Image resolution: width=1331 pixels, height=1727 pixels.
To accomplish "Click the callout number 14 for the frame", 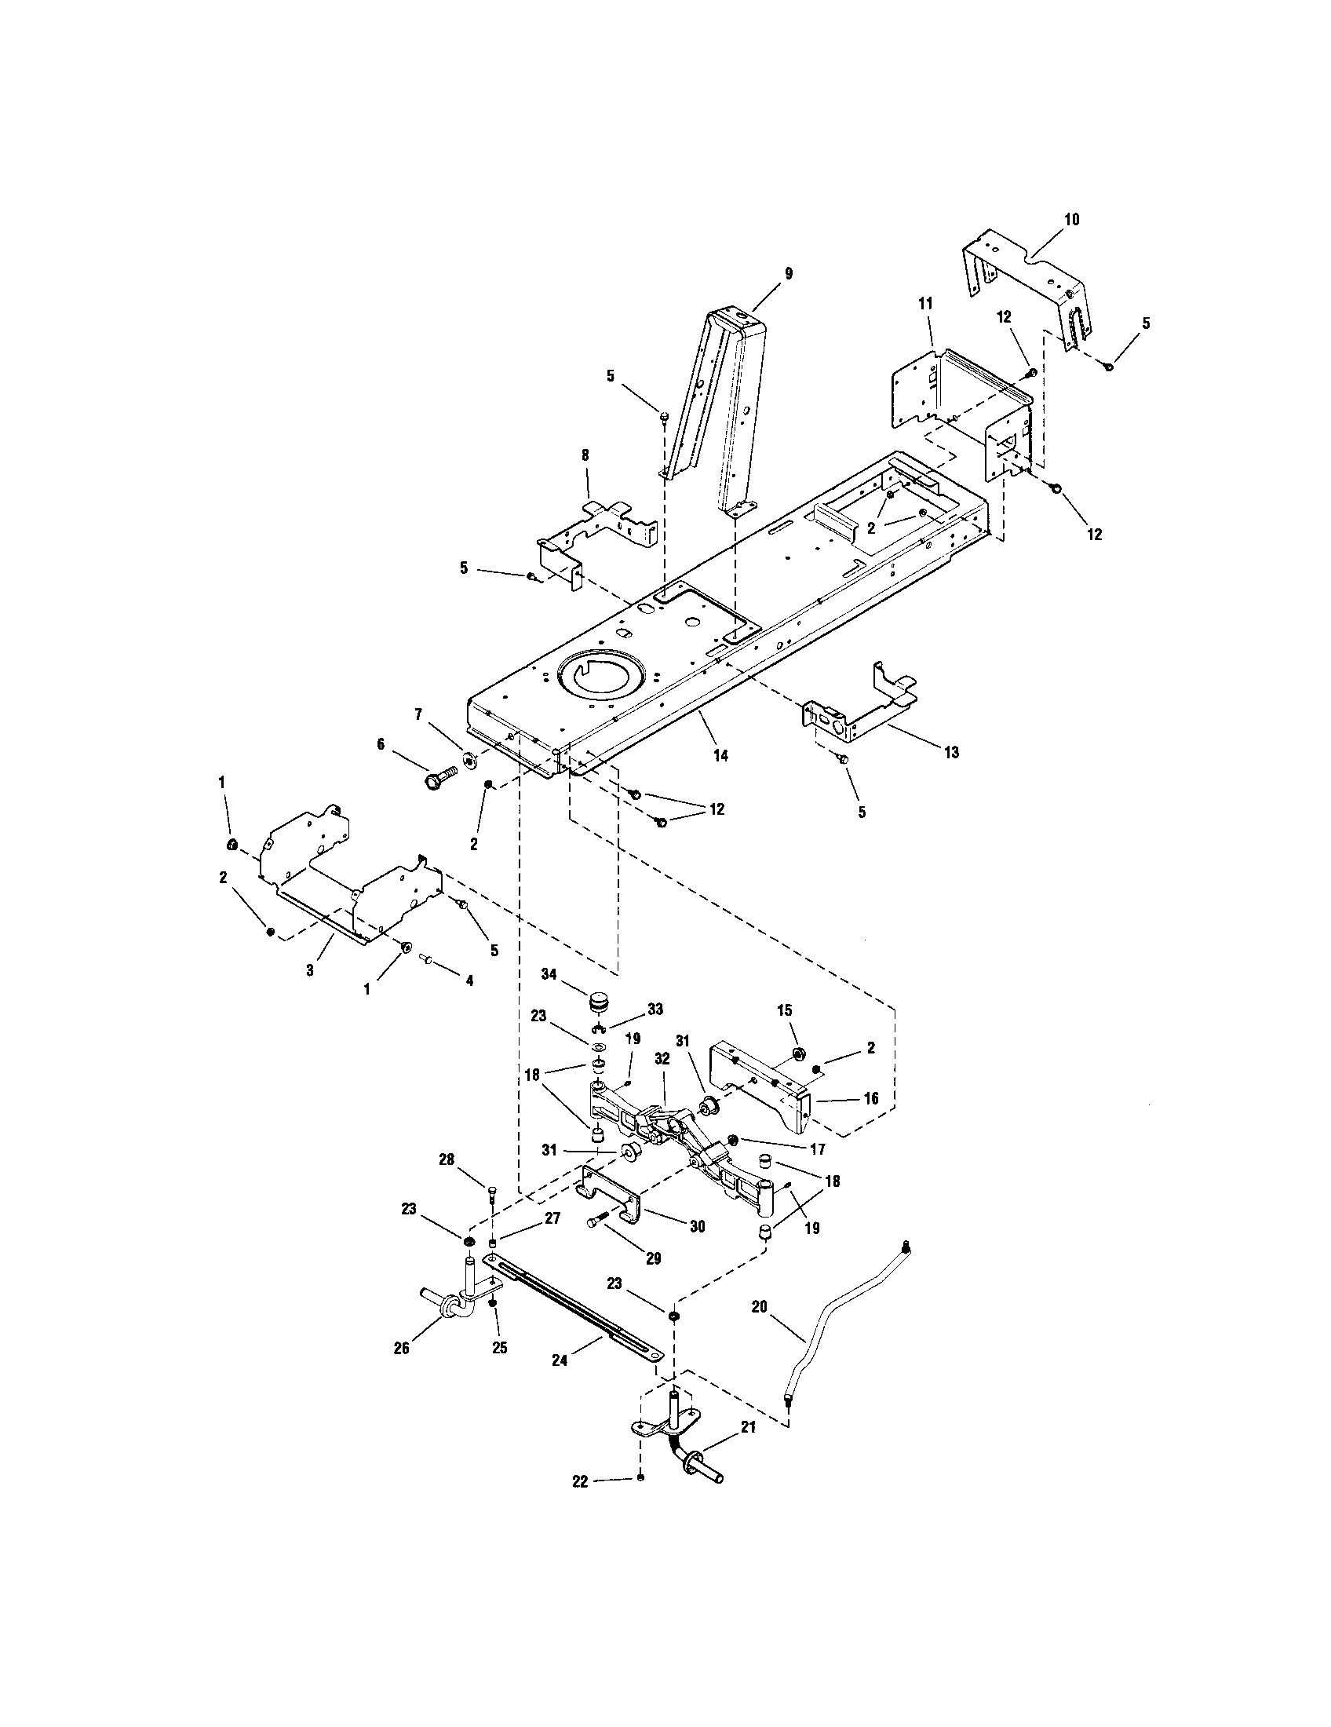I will [x=720, y=755].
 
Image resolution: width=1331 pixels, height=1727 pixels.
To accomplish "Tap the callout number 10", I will [x=1072, y=219].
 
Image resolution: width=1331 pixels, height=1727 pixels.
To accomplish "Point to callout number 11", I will [x=925, y=303].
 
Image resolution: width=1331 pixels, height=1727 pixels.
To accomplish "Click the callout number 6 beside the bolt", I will [x=381, y=744].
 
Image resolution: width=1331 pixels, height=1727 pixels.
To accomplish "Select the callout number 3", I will [x=310, y=969].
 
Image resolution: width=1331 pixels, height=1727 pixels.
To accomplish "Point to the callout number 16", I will [x=871, y=1098].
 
